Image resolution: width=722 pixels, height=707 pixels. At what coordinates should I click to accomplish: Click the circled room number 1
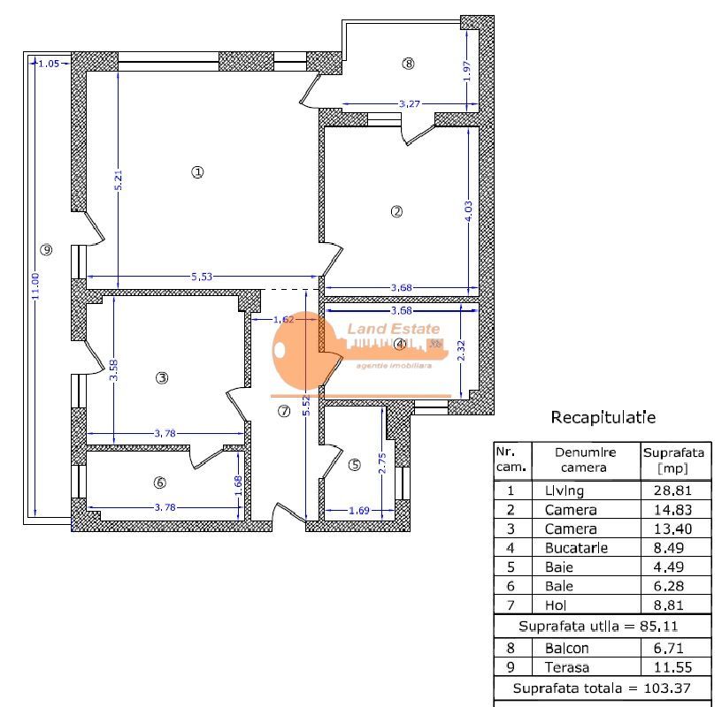(197, 172)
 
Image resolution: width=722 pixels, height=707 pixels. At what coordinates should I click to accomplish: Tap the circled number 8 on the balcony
(407, 63)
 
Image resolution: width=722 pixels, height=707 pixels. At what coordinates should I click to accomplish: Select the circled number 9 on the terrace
(47, 250)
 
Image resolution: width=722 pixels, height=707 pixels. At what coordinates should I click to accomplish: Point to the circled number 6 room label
(159, 483)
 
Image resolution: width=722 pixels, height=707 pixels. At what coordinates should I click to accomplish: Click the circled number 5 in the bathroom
(355, 465)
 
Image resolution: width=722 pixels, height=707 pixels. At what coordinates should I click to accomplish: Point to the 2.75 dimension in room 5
(382, 465)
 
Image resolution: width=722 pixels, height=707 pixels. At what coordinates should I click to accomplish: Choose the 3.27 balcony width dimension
(409, 104)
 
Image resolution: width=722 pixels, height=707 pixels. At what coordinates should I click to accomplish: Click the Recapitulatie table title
(603, 417)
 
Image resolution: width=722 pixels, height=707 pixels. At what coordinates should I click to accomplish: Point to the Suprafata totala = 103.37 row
(602, 688)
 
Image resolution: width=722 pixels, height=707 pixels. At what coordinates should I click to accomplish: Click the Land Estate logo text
(387, 330)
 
